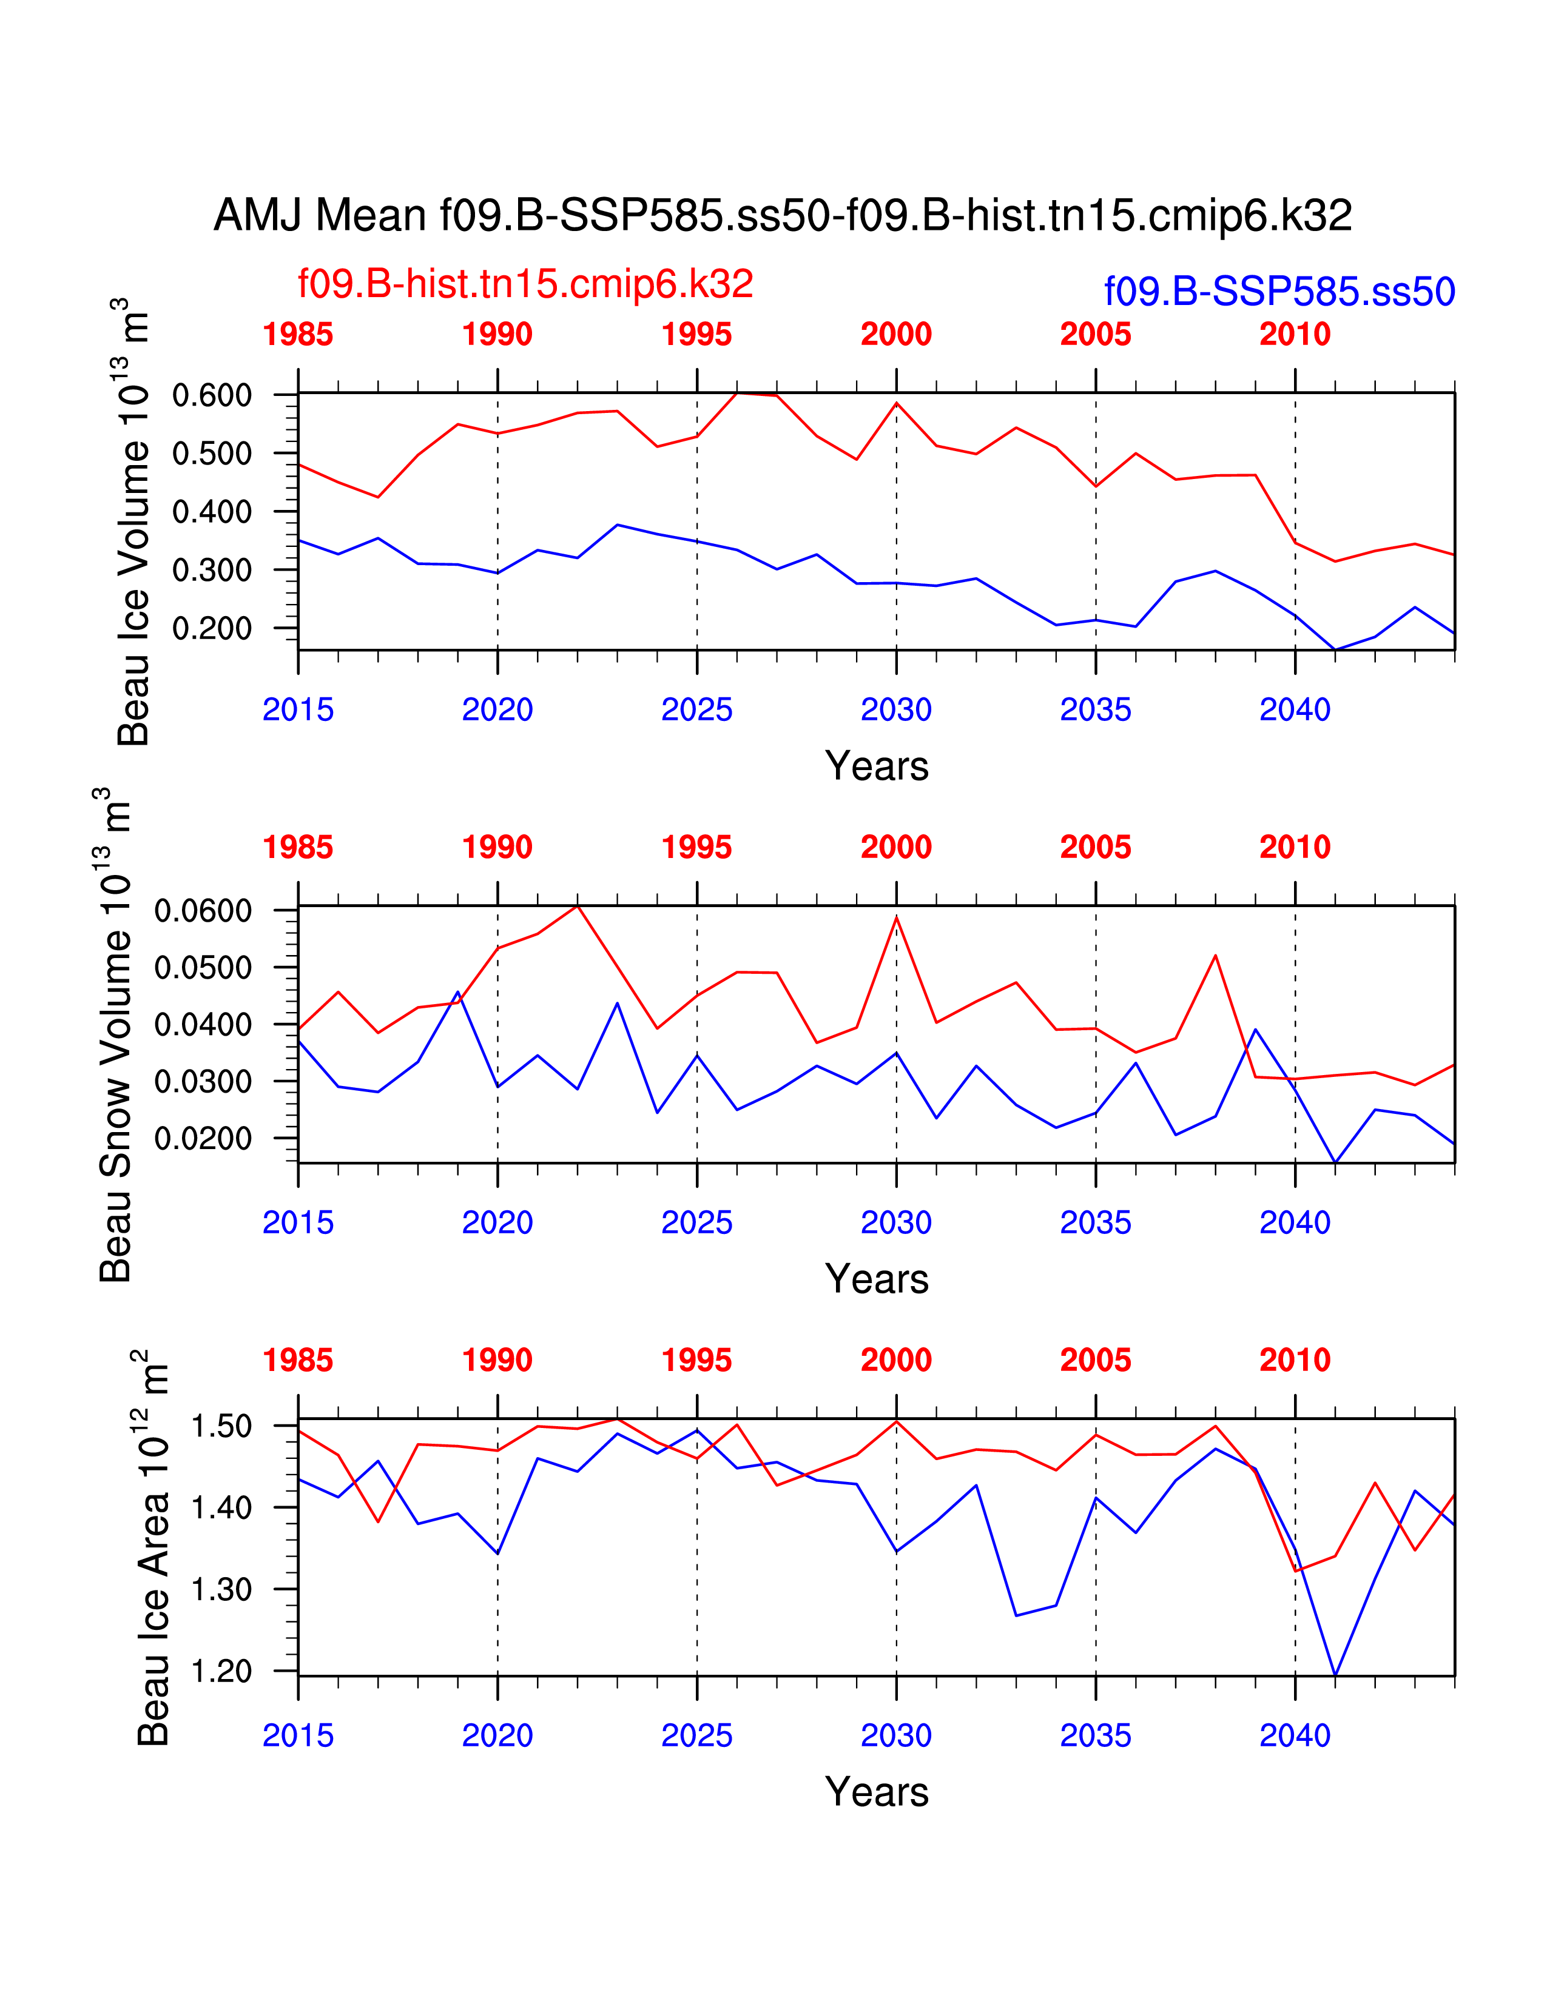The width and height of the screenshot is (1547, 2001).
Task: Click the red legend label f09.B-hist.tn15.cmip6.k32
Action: click(x=525, y=284)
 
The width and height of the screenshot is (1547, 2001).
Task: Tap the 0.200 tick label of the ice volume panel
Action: click(x=212, y=629)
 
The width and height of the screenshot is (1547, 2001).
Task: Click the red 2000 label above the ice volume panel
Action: click(x=895, y=335)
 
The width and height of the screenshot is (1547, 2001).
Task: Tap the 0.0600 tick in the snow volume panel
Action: click(x=203, y=911)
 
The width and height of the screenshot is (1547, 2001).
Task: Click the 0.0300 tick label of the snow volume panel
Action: click(x=203, y=1081)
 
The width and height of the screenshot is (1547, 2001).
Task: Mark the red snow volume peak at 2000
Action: click(x=896, y=916)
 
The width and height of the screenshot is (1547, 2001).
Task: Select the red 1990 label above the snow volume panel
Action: click(x=497, y=848)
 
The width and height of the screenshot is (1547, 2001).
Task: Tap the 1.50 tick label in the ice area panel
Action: click(x=221, y=1427)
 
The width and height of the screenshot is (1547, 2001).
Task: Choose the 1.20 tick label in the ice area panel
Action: click(x=221, y=1671)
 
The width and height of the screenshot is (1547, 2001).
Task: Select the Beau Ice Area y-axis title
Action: click(x=152, y=1549)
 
